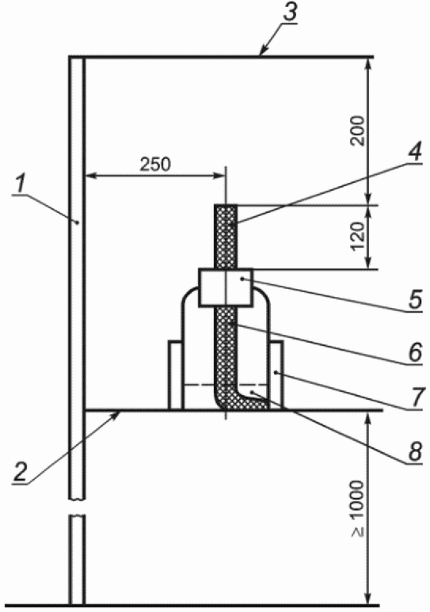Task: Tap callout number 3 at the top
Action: pyautogui.click(x=289, y=13)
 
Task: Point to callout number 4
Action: pyautogui.click(x=415, y=151)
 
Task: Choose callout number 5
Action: pyautogui.click(x=416, y=300)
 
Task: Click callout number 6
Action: pyautogui.click(x=415, y=352)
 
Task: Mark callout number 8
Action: pyautogui.click(x=415, y=452)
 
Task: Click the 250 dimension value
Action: pyautogui.click(x=155, y=165)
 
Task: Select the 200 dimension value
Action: pyautogui.click(x=358, y=131)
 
